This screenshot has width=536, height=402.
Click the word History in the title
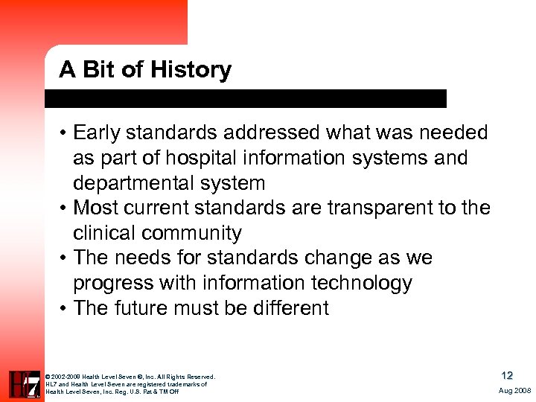click(x=191, y=70)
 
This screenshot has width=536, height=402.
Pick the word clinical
click(x=105, y=233)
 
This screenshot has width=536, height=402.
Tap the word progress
click(x=114, y=284)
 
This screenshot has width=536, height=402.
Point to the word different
click(x=284, y=308)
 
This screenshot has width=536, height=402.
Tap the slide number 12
click(x=506, y=376)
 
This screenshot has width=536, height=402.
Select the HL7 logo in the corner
click(x=24, y=384)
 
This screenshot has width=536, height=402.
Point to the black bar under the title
click(x=246, y=98)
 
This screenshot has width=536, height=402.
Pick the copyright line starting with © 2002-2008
click(x=130, y=377)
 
